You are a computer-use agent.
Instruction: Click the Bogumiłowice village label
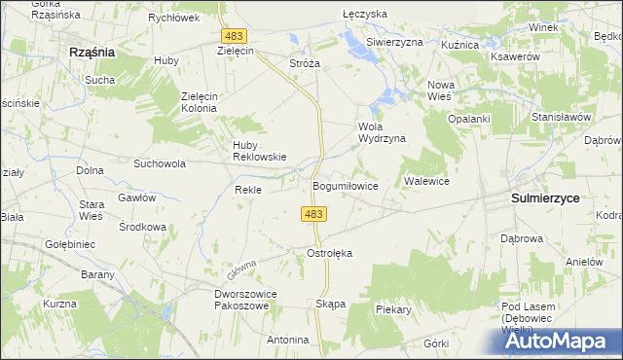point(345,185)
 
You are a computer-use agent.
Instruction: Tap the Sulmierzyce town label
point(545,198)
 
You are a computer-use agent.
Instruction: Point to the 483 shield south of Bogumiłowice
point(313,214)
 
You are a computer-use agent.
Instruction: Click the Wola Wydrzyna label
point(382,132)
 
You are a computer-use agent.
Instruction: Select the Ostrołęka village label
point(329,253)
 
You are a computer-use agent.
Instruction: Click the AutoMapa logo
point(564,340)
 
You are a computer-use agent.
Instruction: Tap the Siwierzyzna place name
point(394,43)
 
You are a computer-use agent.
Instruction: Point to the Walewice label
point(425,181)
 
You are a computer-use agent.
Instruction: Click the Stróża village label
point(305,62)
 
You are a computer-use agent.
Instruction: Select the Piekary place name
point(394,309)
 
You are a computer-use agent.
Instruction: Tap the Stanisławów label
point(562,117)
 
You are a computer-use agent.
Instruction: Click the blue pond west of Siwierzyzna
point(352,42)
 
